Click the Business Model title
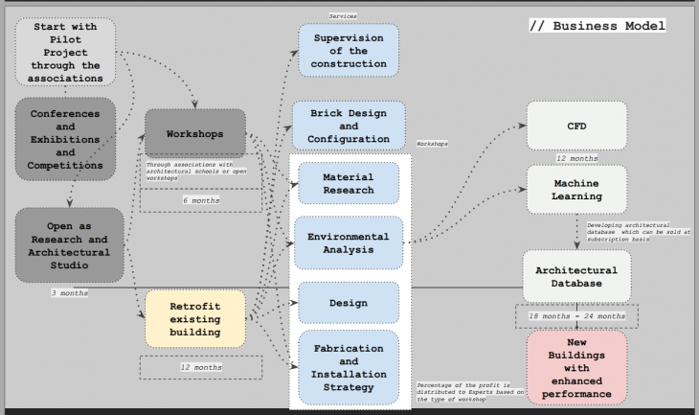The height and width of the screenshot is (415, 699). click(598, 25)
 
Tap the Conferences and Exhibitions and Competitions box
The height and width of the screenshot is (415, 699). click(65, 139)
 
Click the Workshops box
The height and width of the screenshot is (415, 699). click(195, 134)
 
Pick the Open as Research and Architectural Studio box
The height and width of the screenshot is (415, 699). click(68, 245)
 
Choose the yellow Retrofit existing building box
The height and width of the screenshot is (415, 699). click(194, 318)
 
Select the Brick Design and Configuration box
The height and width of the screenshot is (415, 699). click(348, 126)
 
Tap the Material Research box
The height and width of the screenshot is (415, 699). click(348, 184)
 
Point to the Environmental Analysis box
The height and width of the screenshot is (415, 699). click(348, 242)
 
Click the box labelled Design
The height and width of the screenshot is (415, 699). click(348, 303)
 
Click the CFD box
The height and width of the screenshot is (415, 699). click(576, 126)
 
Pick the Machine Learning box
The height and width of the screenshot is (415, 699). click(576, 189)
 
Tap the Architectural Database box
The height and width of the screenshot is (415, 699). click(576, 276)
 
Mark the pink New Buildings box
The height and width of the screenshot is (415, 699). click(576, 368)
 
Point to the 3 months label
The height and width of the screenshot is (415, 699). click(69, 292)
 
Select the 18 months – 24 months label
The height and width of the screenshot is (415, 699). click(576, 315)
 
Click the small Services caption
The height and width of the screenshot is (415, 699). click(344, 16)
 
